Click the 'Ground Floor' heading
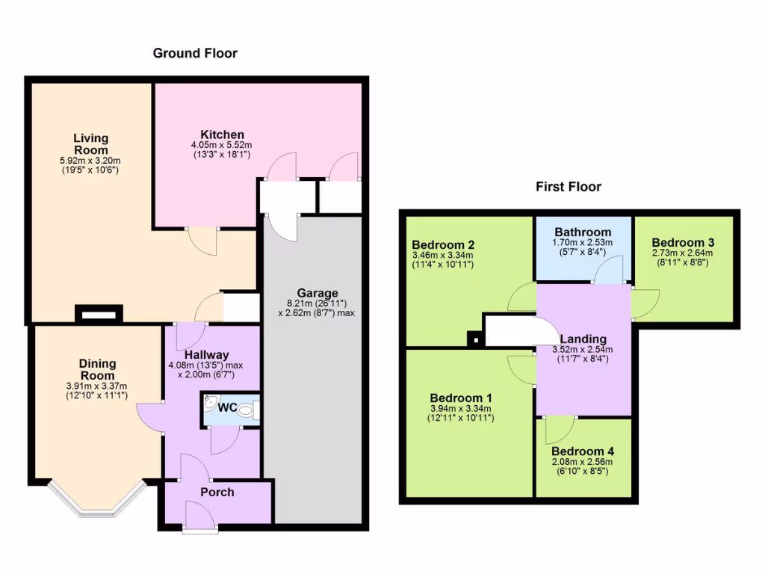tap(195, 53)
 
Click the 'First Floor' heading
tap(568, 187)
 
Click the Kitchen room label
tap(222, 135)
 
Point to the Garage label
tap(317, 293)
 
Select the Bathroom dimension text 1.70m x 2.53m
tap(582, 243)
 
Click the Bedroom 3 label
tap(683, 243)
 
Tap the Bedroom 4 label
tap(582, 451)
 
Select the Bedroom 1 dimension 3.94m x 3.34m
tap(460, 409)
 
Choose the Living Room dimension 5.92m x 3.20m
tap(90, 161)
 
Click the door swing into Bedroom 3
tap(644, 303)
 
